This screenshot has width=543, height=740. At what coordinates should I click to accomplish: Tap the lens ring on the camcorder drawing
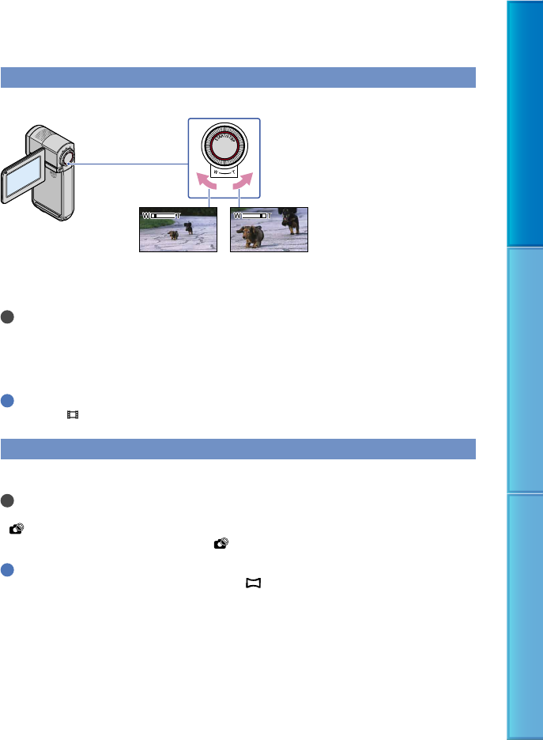[x=67, y=158]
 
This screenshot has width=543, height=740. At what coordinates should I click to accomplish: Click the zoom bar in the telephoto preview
[x=257, y=214]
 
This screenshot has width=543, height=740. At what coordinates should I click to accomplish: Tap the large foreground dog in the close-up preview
[x=254, y=236]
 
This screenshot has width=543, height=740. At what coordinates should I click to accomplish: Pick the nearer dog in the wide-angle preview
[x=172, y=236]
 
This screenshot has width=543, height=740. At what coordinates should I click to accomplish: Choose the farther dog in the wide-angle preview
[x=188, y=228]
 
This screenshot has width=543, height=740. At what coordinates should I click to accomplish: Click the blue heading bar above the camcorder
[x=238, y=78]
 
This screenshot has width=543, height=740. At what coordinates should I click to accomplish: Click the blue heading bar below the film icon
[x=238, y=448]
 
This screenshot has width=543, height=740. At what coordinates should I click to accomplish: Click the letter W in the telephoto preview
[x=236, y=214]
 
